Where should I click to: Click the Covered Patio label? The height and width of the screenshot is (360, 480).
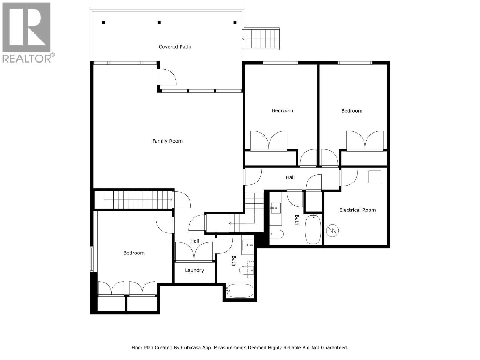pos(175,47)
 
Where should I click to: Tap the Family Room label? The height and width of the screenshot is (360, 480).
pos(167,141)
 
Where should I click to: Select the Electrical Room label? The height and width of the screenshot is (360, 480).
pos(357,210)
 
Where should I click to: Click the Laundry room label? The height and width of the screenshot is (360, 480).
pos(194,270)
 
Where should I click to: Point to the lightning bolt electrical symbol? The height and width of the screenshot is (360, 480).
pos(333,231)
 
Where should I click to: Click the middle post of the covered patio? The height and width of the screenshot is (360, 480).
pos(159,22)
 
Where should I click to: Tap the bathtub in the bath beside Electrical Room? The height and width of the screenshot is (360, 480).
pos(313,229)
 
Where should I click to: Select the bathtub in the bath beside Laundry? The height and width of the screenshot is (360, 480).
pos(240,291)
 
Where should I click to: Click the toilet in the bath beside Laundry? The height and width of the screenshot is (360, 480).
pos(247,271)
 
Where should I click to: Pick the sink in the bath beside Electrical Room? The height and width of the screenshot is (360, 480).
pos(276,208)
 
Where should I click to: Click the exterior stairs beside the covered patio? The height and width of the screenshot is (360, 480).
pos(261,39)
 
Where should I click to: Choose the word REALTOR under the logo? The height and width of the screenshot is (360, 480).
pos(27,58)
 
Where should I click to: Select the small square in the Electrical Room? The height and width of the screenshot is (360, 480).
pos(375,177)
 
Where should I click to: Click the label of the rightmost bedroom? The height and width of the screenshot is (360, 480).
pos(352,111)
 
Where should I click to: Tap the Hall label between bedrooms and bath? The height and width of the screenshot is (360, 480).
pos(290,177)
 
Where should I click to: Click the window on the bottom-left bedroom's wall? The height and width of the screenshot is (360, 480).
pos(92,259)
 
